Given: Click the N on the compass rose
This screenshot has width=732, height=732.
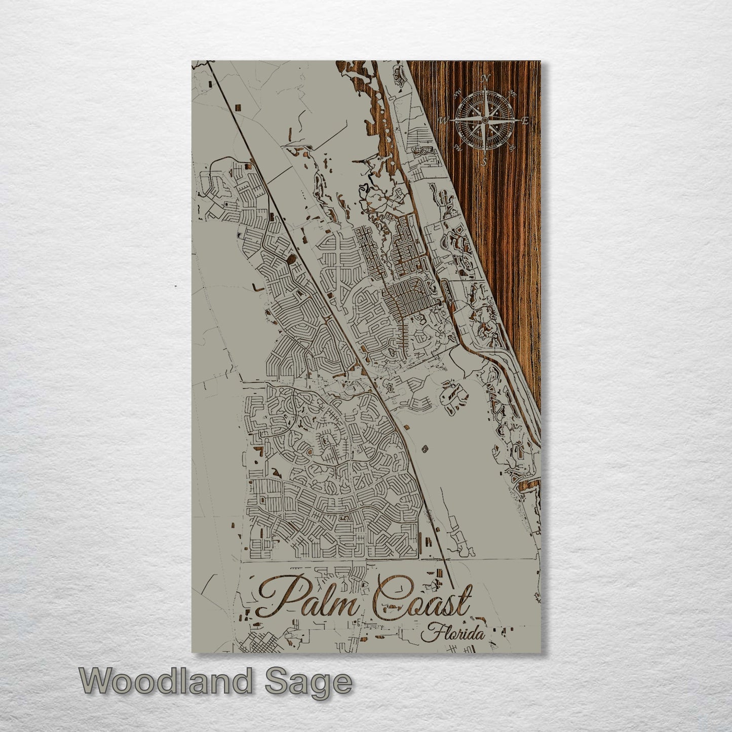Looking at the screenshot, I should (485, 78).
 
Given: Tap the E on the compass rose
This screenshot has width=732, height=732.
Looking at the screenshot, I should (525, 120).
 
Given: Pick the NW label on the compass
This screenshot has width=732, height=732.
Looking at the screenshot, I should (458, 93).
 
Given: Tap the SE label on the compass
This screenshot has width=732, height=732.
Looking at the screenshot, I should (512, 147).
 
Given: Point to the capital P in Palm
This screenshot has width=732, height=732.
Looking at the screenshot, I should (276, 598).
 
